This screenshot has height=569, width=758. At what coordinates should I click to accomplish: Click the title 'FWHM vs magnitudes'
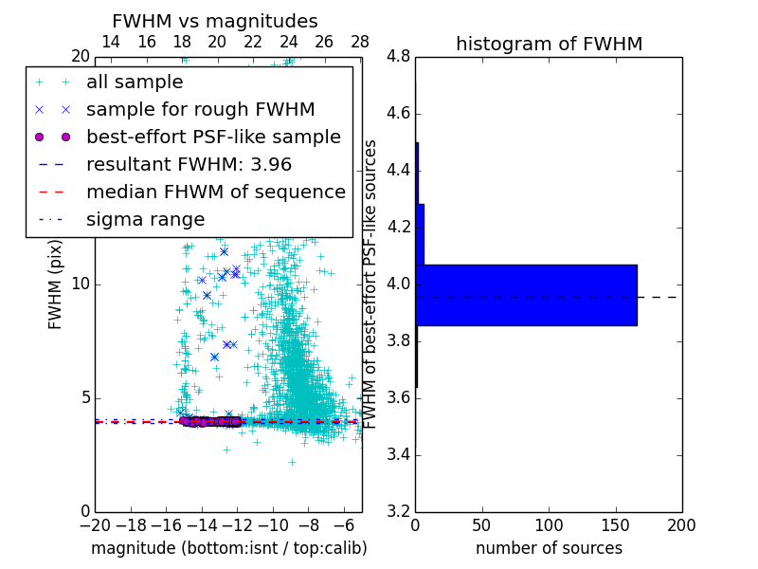point(215,22)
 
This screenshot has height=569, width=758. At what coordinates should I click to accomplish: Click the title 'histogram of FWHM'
point(549,44)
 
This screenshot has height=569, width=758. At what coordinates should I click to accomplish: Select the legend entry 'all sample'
point(135,83)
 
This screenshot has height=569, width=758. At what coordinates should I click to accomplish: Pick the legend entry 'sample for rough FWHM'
point(200,109)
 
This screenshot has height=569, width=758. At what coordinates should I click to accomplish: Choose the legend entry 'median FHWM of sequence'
point(215,192)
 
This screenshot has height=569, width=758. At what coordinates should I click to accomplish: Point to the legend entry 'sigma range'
point(145,220)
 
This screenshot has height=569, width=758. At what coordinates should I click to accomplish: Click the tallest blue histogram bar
point(526,295)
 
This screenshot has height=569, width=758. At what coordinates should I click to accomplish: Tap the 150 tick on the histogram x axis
point(615,525)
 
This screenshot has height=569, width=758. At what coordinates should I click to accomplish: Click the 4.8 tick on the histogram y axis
point(398,57)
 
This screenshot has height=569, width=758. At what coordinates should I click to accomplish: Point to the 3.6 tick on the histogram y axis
point(398,397)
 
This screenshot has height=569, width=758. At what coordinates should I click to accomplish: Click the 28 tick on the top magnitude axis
point(360,42)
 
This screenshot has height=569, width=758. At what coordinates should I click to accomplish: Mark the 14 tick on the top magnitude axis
point(111,42)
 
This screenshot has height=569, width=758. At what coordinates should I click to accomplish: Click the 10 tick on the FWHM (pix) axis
point(81,284)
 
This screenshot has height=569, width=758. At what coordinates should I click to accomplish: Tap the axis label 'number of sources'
point(549,548)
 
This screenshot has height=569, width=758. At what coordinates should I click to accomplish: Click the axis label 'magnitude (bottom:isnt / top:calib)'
point(228,548)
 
